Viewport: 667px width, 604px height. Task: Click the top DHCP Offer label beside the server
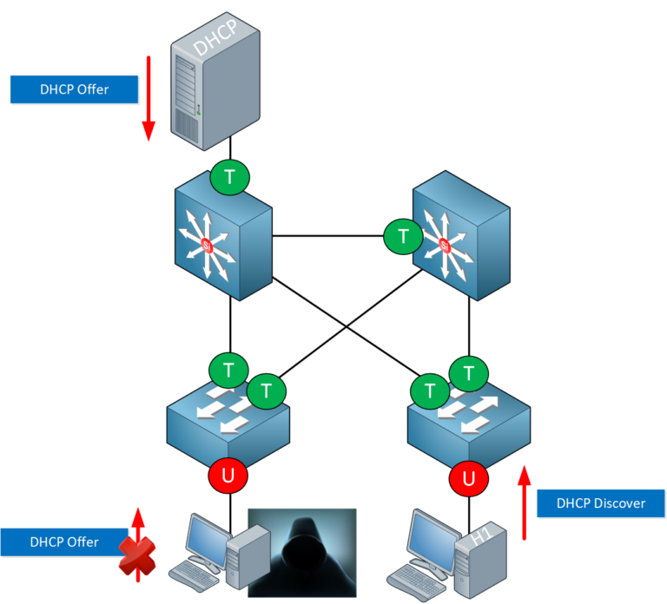click(x=74, y=89)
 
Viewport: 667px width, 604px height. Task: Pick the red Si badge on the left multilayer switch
click(x=208, y=246)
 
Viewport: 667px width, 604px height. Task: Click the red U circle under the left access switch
click(x=229, y=475)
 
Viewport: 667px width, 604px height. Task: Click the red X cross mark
click(x=135, y=555)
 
